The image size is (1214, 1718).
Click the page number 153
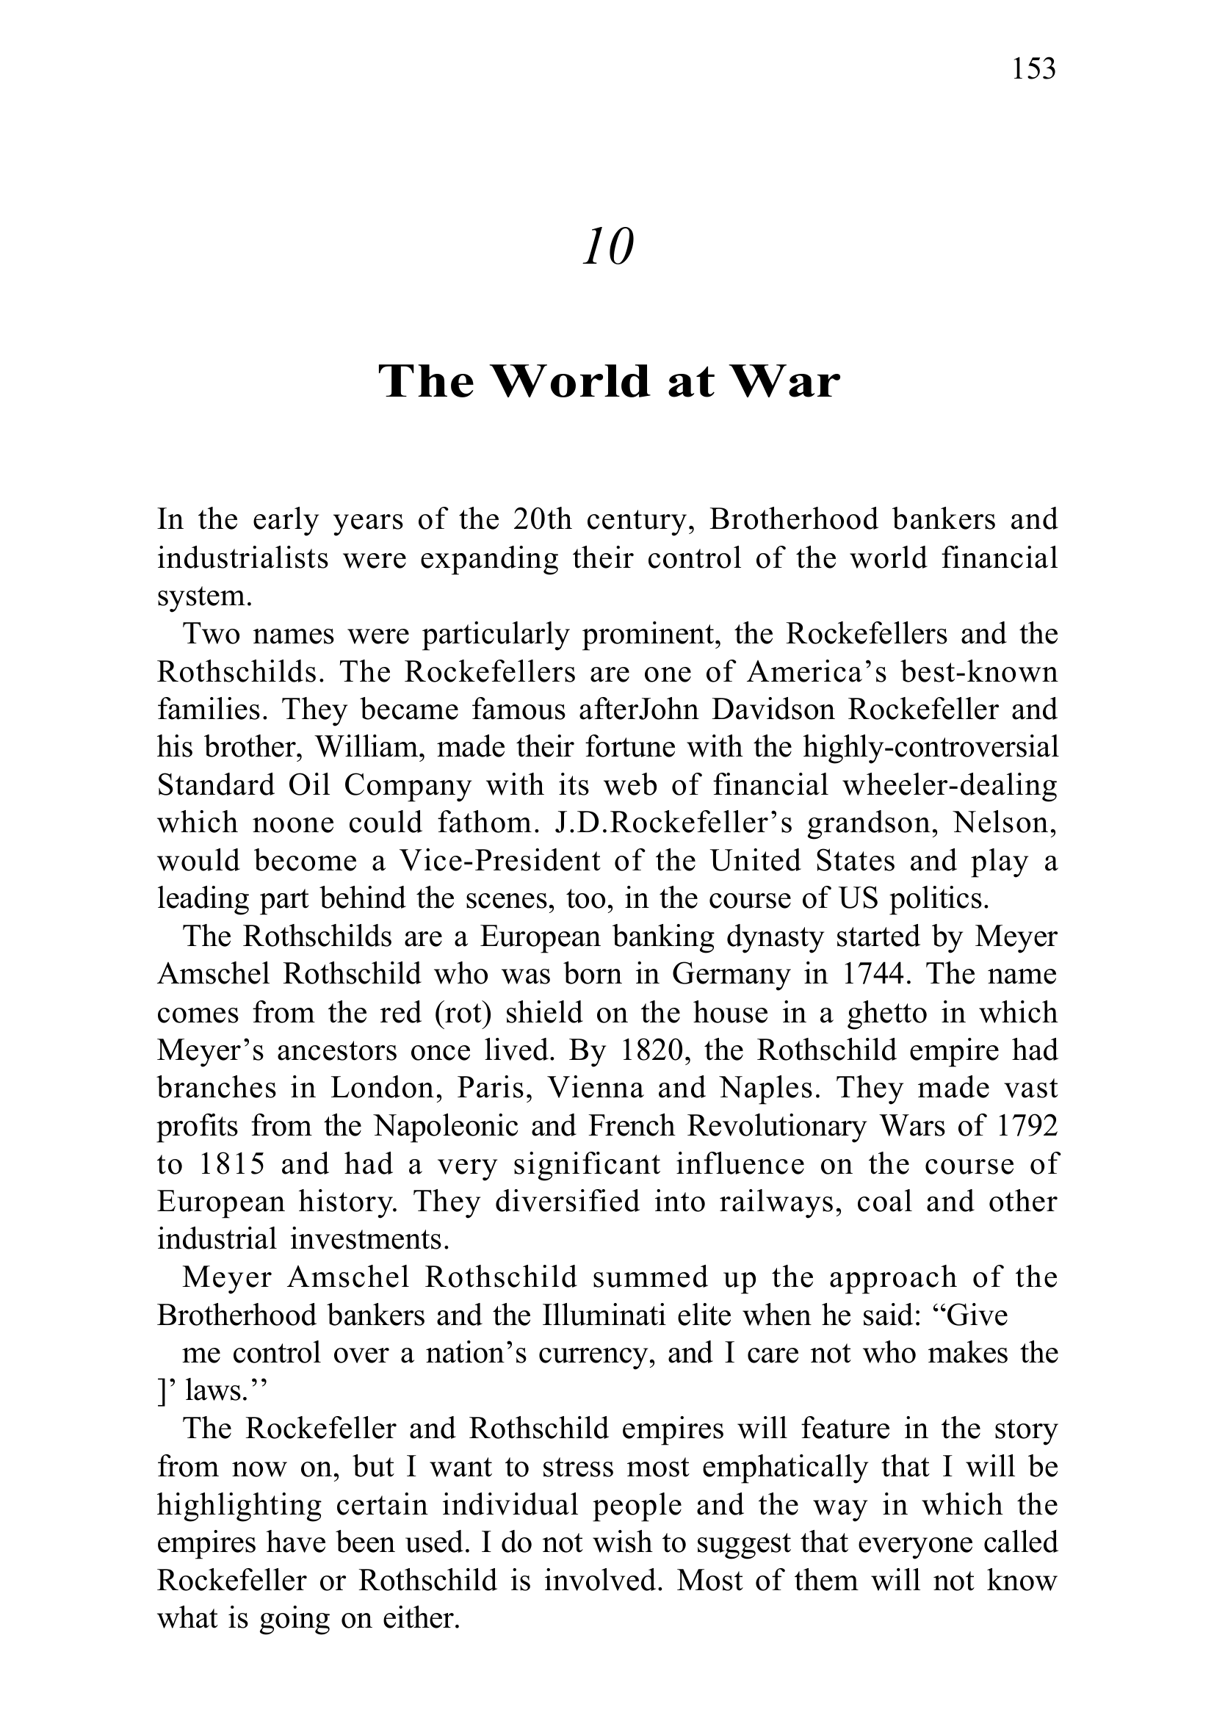(x=1033, y=69)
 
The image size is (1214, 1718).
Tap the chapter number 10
(x=607, y=247)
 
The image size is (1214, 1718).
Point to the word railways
(x=778, y=1202)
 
